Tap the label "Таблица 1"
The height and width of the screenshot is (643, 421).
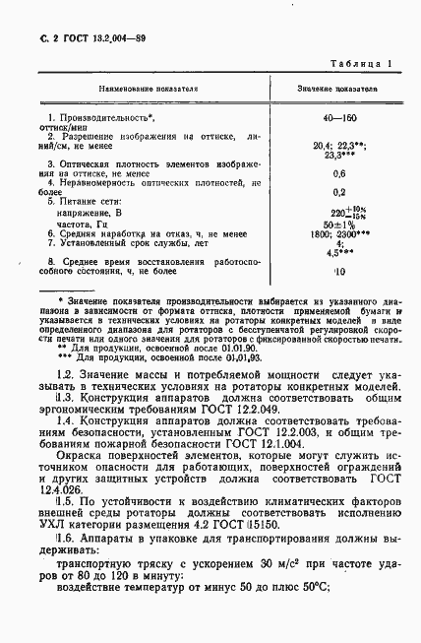(x=361, y=64)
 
